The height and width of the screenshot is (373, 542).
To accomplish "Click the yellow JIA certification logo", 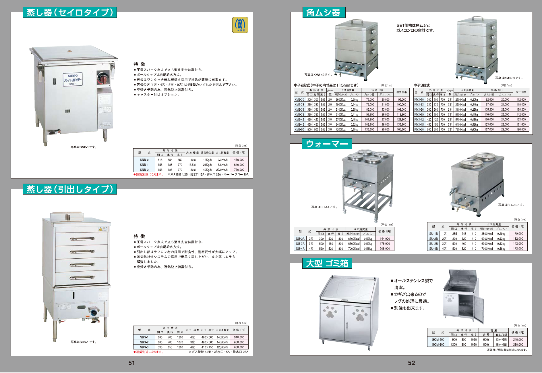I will pos(240,25).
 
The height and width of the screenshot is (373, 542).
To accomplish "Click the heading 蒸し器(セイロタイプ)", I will pos(70,13).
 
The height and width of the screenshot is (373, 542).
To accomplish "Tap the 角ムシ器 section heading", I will pos(324,13).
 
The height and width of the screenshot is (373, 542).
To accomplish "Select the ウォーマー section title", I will pos(327,144).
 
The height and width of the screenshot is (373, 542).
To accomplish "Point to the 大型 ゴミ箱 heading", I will pos(327,263).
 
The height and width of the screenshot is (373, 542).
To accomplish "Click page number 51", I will pos(131,363).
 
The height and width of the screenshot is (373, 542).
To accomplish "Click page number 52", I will pos(411,363).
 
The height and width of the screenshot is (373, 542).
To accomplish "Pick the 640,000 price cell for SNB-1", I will pos(239,165).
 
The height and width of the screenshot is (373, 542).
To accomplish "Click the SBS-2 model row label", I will pos(144,342).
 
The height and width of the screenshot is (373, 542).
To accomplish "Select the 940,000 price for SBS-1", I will pos(239,337).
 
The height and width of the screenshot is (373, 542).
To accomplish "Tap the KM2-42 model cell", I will pos(299,120).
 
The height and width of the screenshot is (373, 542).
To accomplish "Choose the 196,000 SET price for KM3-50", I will pos(521,130).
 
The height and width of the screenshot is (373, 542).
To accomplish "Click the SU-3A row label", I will pos(300,244).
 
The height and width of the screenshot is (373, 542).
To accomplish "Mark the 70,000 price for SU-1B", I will pos(518,234).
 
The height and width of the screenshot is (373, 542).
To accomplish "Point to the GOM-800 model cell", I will pos(438,345).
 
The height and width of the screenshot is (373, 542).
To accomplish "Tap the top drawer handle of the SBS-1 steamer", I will pos(82,239).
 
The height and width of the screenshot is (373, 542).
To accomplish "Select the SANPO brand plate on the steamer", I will pos(73,79).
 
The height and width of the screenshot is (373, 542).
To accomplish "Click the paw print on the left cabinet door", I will pos(330,312).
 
